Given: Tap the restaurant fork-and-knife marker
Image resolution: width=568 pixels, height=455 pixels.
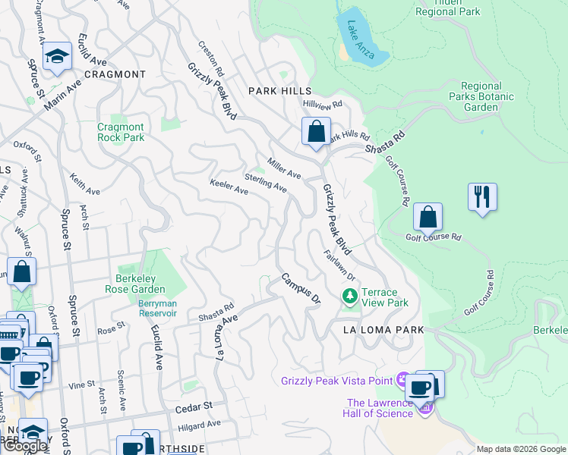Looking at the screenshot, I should coord(482,198).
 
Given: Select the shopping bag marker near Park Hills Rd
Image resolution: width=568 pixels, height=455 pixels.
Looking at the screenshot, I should coord(315,131).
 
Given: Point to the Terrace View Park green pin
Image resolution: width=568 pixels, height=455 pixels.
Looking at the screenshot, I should coord(349,296).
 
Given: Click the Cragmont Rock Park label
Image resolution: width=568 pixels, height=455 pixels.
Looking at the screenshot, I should coord(121,133).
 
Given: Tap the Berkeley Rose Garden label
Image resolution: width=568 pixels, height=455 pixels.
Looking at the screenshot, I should coord(131,284).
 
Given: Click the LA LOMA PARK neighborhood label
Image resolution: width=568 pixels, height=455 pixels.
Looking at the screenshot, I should coord(383,331).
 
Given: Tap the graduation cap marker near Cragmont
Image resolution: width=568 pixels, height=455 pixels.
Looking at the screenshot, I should coord(57,57).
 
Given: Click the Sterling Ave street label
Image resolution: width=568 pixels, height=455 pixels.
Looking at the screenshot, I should coord(265,183).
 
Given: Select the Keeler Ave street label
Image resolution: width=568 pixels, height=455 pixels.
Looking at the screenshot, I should coord(229,187).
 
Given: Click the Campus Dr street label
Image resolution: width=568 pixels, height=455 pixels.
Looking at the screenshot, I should coord(301,289).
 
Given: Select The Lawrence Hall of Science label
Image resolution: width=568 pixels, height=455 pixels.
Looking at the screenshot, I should coord(379,408).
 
